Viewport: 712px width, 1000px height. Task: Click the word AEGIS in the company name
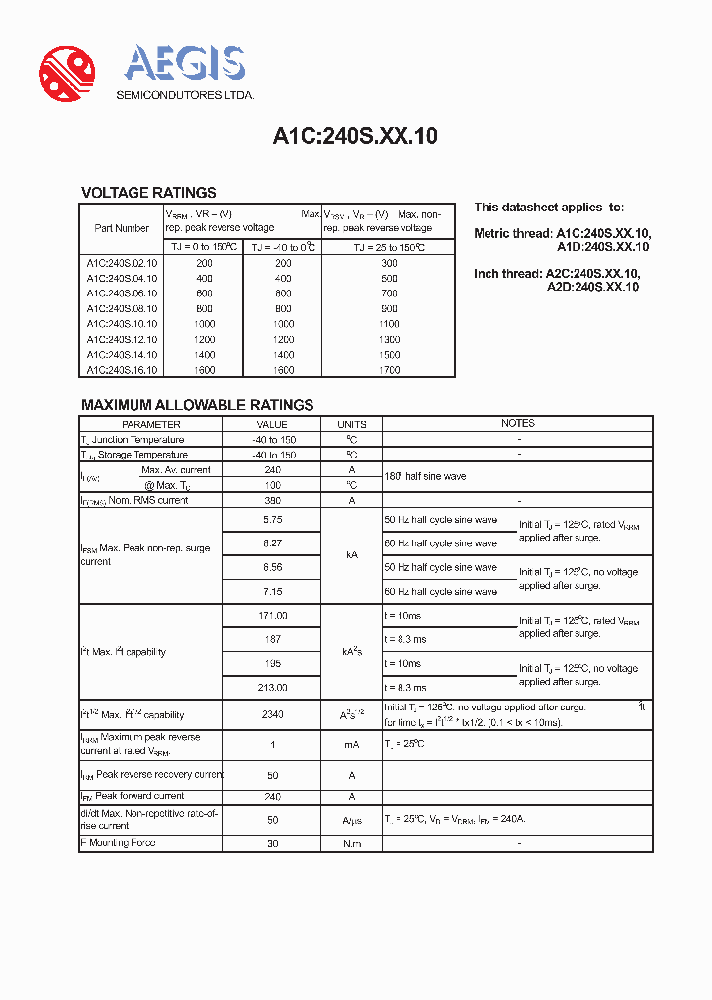185,64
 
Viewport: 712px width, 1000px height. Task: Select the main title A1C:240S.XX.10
355,137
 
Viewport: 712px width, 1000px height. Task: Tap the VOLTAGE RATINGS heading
148,193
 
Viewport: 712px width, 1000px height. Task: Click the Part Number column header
122,228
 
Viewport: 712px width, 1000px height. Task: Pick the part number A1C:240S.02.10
122,264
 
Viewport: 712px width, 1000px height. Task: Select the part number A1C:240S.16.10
122,370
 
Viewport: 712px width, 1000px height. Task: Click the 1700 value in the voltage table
389,370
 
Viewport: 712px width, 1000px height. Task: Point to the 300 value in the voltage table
389,264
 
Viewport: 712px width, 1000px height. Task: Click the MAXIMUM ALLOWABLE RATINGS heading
197,405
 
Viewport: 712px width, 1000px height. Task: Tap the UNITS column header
352,424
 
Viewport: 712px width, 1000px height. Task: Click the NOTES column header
517,423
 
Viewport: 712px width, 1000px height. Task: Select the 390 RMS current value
273,500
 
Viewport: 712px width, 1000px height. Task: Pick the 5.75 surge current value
273,520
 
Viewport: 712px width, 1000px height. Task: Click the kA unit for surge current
352,555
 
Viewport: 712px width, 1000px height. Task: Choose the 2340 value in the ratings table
273,714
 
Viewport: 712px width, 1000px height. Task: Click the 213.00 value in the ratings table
273,687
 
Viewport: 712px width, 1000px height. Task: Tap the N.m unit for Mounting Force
352,843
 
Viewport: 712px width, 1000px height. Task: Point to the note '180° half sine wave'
424,477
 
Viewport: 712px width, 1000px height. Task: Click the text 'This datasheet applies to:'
549,208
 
